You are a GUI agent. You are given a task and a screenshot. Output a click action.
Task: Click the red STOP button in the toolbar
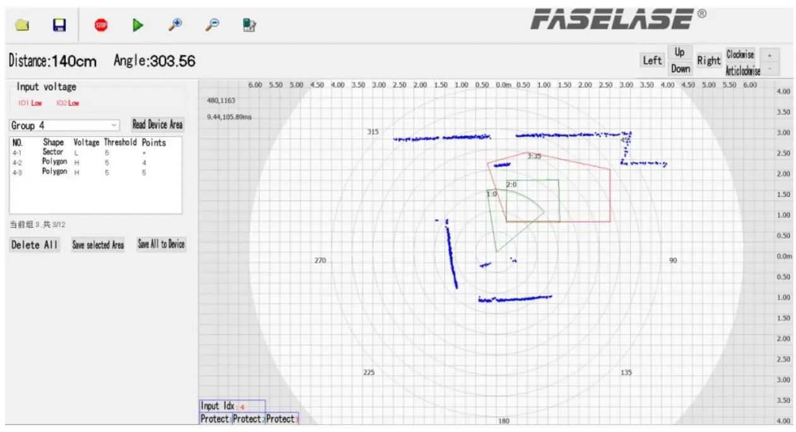click(x=101, y=25)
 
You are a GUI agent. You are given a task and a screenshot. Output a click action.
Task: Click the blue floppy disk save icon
click(x=59, y=25)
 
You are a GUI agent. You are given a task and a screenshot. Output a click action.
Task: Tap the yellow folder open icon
click(x=22, y=25)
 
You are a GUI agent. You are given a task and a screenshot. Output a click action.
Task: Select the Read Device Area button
click(x=157, y=124)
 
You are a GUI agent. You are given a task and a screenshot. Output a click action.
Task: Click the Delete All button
click(x=35, y=245)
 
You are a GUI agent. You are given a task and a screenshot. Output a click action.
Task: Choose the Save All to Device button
click(x=162, y=244)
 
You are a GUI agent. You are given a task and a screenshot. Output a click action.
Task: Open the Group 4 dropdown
click(x=64, y=126)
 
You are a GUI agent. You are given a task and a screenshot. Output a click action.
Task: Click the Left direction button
click(x=652, y=61)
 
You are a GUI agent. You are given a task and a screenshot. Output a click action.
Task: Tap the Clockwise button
click(x=740, y=54)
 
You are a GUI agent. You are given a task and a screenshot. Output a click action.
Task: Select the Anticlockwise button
click(x=742, y=70)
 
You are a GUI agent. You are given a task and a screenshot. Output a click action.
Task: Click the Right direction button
click(x=708, y=61)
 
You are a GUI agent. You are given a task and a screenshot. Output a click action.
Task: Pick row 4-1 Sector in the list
click(x=53, y=152)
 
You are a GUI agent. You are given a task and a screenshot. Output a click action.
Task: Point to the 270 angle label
click(x=320, y=260)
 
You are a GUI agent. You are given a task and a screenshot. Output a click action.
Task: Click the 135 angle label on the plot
click(x=626, y=373)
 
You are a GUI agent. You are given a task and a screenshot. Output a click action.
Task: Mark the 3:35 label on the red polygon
click(x=534, y=156)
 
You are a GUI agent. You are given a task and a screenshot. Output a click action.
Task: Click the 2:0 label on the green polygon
click(x=511, y=185)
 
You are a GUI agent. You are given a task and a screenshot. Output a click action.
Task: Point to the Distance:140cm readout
click(x=53, y=61)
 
